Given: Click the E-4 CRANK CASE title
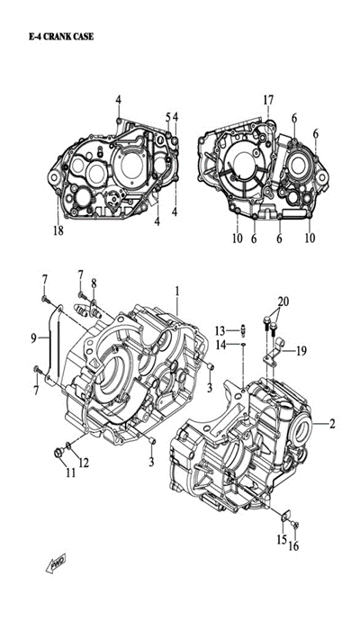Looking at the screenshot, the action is coord(61,37).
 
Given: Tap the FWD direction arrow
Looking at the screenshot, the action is coord(56,562).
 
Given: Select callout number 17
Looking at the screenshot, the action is coord(268,100).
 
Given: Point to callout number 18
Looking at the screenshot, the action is coord(58,230).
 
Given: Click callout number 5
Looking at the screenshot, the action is coord(168,117).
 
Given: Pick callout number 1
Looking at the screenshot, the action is coord(177,292).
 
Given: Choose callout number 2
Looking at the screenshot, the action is coord(332,424).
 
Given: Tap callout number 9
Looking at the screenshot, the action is coord(33,337).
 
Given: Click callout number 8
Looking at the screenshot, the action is coord(94,283).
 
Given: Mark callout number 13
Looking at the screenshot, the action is coord(220,330).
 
